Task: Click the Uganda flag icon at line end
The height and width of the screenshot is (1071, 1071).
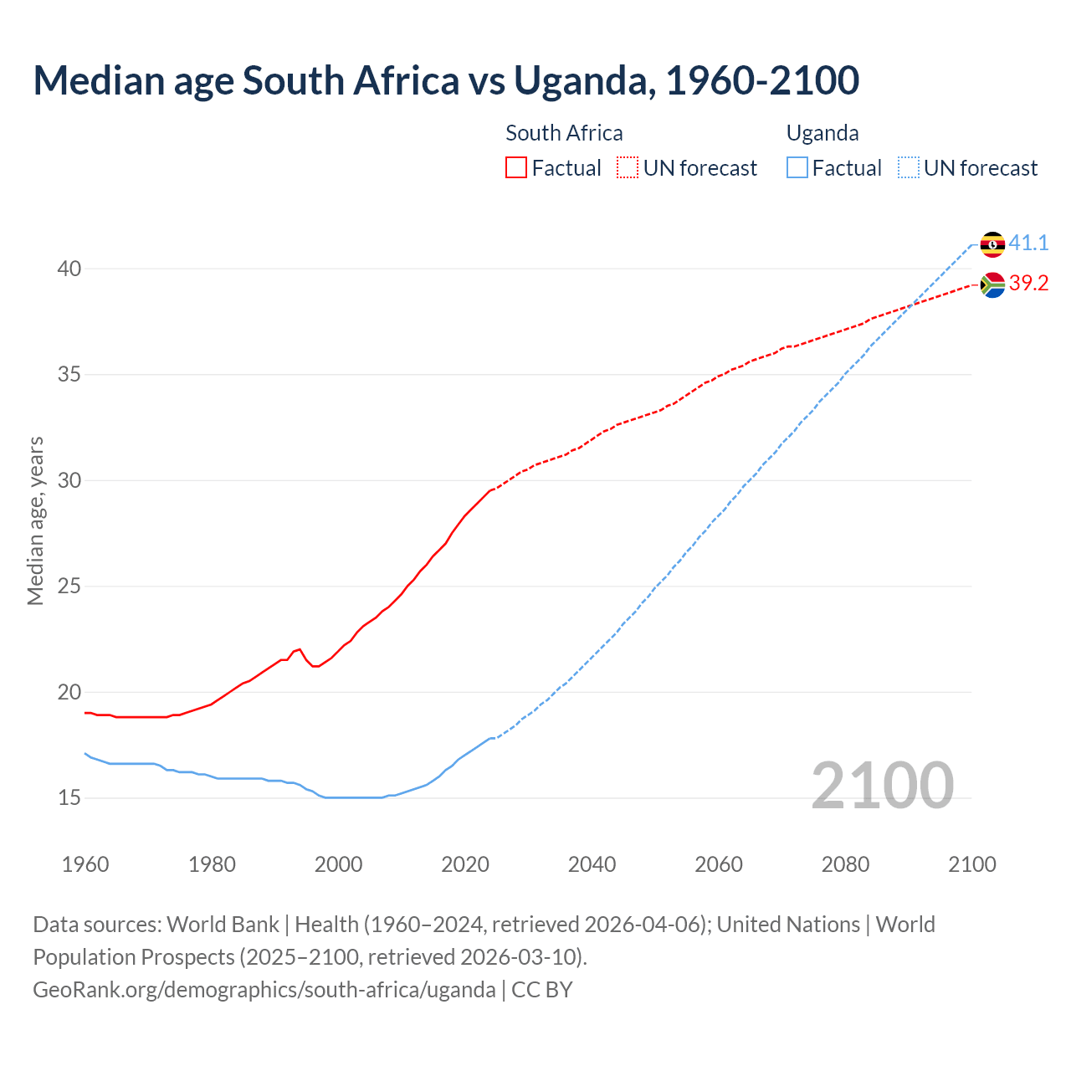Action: coord(992,244)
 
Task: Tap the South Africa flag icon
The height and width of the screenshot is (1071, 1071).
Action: coord(992,285)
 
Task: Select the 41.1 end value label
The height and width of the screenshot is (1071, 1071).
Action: coord(1028,243)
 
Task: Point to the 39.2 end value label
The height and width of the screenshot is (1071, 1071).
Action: coord(1028,284)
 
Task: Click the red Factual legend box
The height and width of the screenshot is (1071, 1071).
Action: coord(516,168)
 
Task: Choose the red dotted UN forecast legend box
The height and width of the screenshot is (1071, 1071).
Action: coord(628,168)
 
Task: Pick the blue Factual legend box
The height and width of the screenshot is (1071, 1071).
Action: coord(797,168)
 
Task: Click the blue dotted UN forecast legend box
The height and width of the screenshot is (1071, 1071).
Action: coord(909,168)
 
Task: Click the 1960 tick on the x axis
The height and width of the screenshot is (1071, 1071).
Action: coord(85,864)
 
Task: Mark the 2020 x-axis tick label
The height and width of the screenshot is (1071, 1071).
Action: coord(465,864)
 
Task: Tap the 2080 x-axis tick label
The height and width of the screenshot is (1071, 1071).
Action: coord(845,864)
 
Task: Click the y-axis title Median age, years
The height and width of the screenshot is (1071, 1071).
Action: coord(35,520)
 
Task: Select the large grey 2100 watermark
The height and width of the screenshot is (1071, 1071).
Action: coord(882,785)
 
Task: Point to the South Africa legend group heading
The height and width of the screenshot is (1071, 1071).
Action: coord(564,133)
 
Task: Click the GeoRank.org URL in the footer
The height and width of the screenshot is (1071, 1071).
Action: coord(264,990)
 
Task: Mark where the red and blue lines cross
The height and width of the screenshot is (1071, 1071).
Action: coord(912,302)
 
